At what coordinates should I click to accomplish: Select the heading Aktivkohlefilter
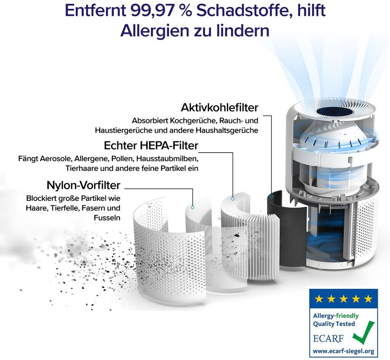(x=219, y=108)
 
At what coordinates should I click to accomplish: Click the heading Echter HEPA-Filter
(x=151, y=145)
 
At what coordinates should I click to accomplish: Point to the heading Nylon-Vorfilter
(x=83, y=185)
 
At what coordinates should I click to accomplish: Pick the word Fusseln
(x=107, y=218)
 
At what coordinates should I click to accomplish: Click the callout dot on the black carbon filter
(x=271, y=196)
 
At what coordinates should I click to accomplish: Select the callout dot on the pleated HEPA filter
(x=233, y=199)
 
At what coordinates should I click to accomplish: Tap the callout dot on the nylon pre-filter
(x=192, y=207)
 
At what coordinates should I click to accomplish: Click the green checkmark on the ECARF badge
(x=363, y=332)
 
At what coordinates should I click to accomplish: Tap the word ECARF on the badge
(x=328, y=338)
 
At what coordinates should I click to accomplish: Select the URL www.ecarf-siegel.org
(x=344, y=351)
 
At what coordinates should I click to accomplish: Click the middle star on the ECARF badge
(x=344, y=298)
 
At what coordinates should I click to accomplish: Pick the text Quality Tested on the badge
(x=334, y=324)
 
